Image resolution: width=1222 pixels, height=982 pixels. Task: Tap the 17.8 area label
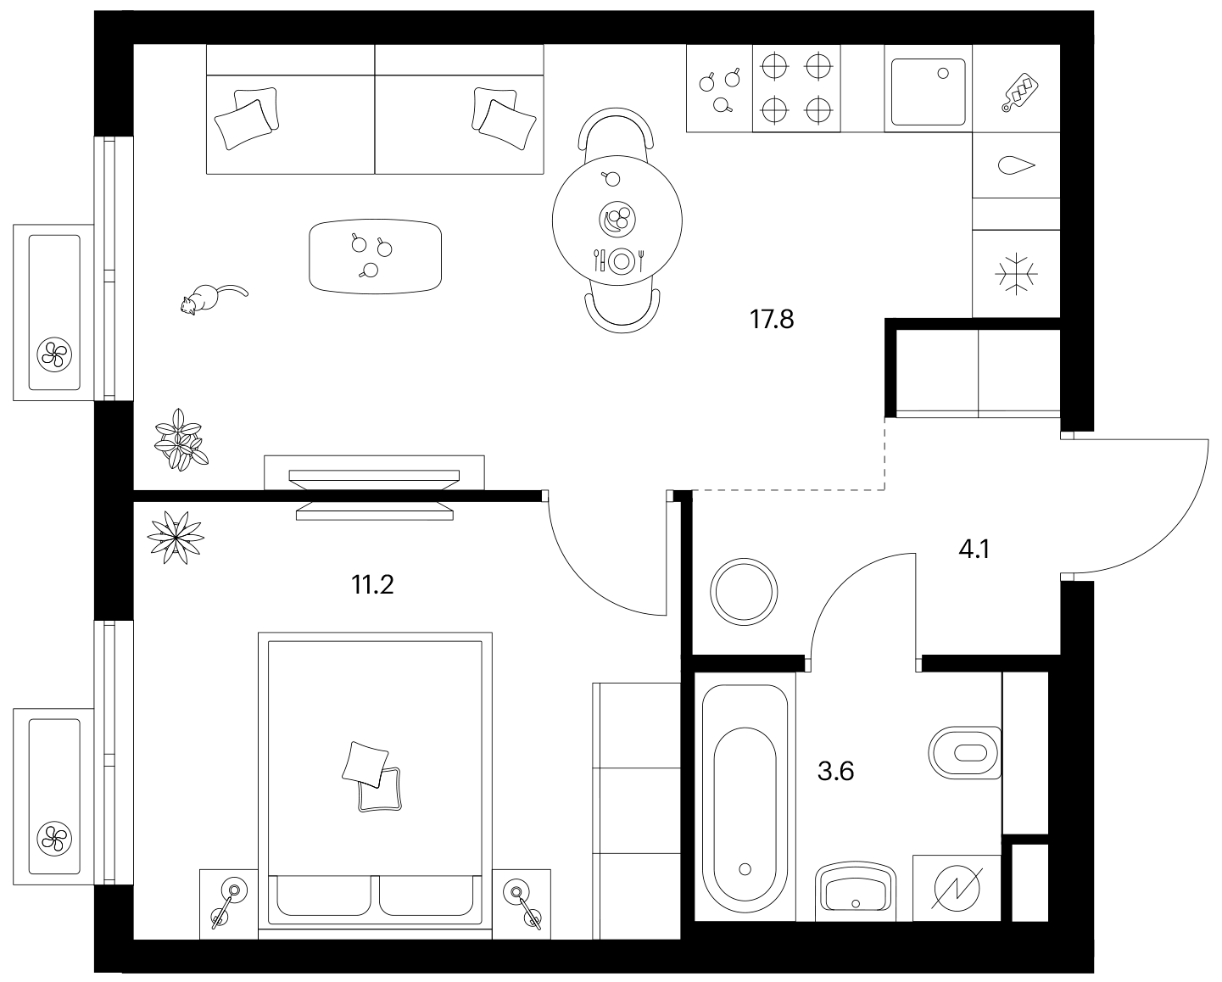click(x=772, y=319)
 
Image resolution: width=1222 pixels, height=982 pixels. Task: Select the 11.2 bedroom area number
click(x=372, y=584)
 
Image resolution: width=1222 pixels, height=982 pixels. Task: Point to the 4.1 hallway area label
click(x=974, y=550)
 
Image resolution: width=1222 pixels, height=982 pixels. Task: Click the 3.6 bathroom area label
click(x=836, y=772)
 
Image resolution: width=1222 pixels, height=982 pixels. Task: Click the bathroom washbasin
click(x=856, y=892)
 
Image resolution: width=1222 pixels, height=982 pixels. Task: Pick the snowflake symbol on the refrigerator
click(x=1017, y=274)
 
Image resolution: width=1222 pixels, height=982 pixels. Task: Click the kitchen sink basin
click(x=929, y=92)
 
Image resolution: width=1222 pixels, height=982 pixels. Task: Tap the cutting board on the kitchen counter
click(x=1019, y=92)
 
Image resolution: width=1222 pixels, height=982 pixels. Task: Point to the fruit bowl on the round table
click(x=617, y=219)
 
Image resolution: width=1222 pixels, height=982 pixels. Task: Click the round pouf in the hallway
click(x=744, y=592)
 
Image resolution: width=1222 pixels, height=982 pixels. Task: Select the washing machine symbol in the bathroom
click(x=957, y=888)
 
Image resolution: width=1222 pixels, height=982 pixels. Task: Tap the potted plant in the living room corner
click(x=181, y=440)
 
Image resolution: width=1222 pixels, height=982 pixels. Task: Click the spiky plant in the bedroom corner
click(x=176, y=538)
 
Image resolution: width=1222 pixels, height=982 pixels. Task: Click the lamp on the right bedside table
click(x=522, y=906)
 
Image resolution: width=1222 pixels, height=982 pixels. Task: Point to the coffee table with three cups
click(x=376, y=257)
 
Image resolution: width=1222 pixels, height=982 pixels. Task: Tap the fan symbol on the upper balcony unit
click(x=54, y=355)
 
